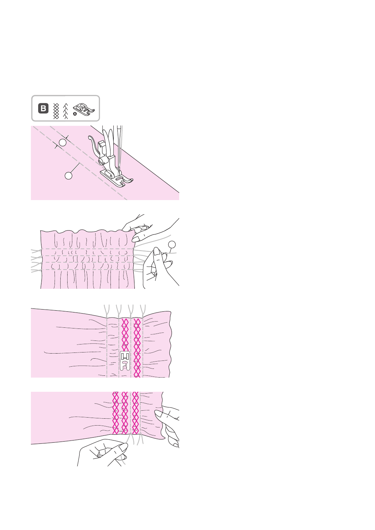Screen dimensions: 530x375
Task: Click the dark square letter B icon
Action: (x=43, y=108)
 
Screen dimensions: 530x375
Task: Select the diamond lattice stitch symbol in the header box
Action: (x=56, y=111)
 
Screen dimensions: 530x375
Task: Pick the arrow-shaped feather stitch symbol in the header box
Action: (x=66, y=111)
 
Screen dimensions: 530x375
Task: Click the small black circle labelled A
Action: (x=75, y=114)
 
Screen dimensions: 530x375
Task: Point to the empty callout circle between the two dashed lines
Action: (x=62, y=142)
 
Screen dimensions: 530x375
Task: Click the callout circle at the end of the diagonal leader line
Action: (x=68, y=175)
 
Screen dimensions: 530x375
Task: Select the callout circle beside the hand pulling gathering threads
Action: (x=172, y=244)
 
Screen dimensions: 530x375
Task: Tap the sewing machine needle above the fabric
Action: (x=118, y=146)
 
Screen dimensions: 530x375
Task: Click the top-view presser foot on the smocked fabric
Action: (x=125, y=360)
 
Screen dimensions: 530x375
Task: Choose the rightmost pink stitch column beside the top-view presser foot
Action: (x=137, y=347)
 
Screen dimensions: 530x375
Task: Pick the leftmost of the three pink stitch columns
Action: (x=116, y=413)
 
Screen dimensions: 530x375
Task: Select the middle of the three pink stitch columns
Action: (x=125, y=413)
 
